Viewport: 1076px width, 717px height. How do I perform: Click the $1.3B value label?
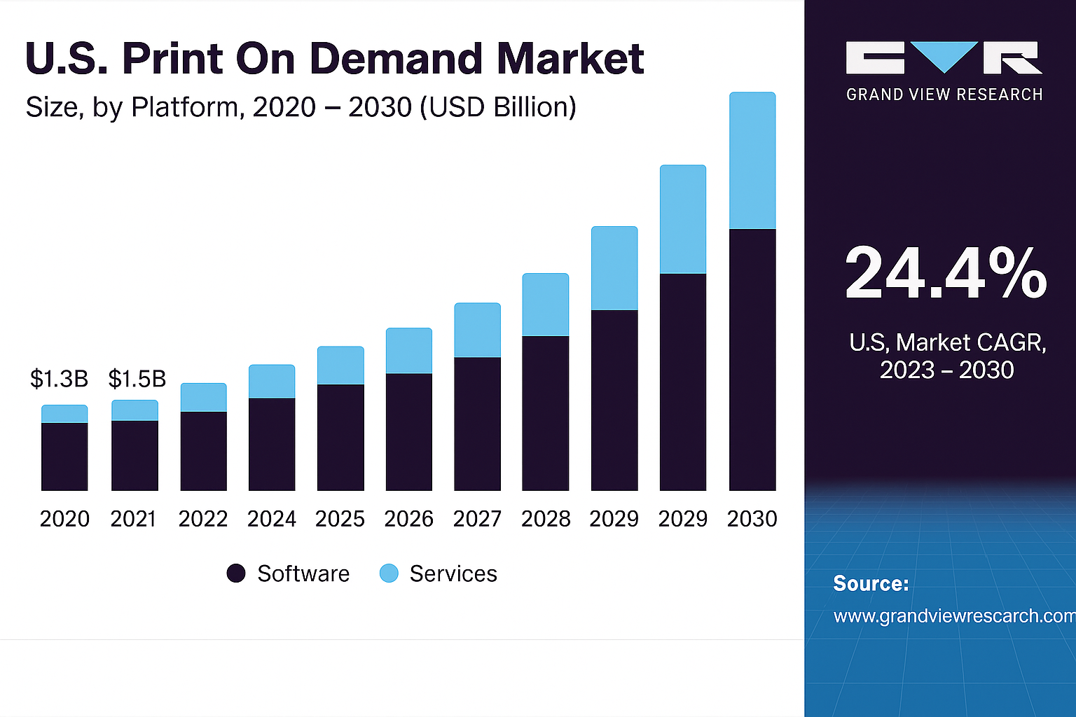pos(59,379)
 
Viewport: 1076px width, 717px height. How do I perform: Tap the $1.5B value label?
pos(137,379)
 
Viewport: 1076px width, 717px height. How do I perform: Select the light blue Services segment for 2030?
pos(752,160)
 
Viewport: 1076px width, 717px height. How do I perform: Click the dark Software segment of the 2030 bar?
pos(752,359)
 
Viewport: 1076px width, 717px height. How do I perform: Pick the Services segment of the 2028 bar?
pos(546,305)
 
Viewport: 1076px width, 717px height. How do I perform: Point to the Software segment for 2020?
pos(64,457)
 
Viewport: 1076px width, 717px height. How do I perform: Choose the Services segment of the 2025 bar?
pos(340,366)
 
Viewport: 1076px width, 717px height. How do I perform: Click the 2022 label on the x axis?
pos(203,519)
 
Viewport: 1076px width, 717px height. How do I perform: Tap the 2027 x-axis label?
pos(477,519)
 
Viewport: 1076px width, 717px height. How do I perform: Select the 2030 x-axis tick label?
pos(752,519)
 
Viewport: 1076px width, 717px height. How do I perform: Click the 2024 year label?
pos(272,519)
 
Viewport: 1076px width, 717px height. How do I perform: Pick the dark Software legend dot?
pos(236,573)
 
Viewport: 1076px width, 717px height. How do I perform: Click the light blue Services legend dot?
pos(389,573)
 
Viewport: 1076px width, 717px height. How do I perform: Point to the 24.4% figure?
pos(946,273)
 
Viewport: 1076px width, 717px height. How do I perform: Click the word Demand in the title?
pos(396,58)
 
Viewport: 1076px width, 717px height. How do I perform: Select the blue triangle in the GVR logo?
pos(944,55)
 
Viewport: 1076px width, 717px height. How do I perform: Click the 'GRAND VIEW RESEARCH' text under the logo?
pos(944,95)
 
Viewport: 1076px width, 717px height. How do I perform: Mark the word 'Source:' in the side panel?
pos(871,583)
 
